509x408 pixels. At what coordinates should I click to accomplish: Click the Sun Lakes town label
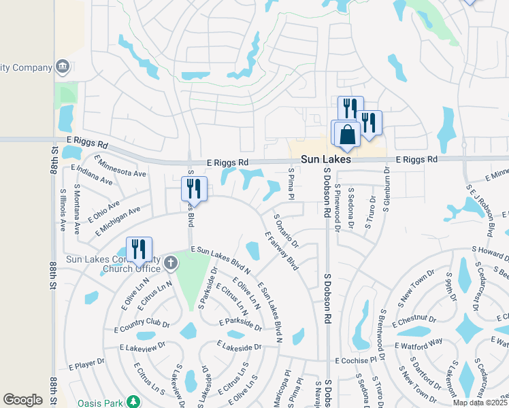coord(327,158)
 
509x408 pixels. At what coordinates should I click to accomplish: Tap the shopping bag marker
coord(347,134)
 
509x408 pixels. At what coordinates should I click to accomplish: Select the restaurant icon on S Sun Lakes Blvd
coord(194,188)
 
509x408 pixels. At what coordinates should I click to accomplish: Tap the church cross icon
coord(171,262)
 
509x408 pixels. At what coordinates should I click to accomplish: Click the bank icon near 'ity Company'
coord(63,67)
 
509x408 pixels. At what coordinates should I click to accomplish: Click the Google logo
coord(22,400)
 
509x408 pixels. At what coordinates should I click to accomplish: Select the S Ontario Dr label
coord(286,231)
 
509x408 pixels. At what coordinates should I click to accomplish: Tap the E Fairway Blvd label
coord(282,251)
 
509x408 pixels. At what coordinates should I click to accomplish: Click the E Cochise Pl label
coord(355,360)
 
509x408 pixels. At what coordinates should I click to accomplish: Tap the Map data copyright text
coord(478,403)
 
